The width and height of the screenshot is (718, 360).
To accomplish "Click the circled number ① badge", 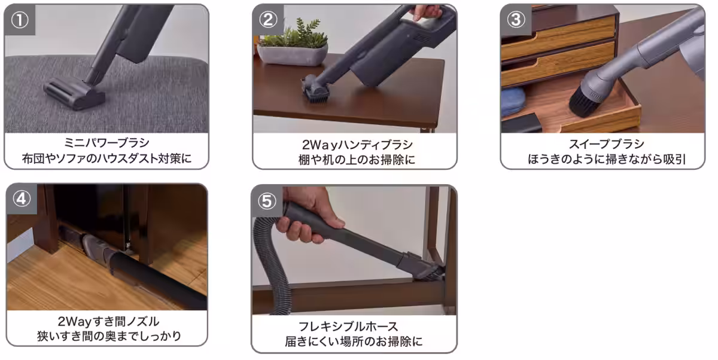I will pyautogui.click(x=20, y=19).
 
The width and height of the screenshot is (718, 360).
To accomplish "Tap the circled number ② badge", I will pyautogui.click(x=267, y=19).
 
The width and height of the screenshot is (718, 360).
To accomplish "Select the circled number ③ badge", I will pyautogui.click(x=515, y=19).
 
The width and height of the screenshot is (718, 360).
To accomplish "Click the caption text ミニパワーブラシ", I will pyautogui.click(x=107, y=144).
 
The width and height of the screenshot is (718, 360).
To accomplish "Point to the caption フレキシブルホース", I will pyautogui.click(x=355, y=326).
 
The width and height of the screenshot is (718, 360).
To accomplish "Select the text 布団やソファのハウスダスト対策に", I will pyautogui.click(x=107, y=160).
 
